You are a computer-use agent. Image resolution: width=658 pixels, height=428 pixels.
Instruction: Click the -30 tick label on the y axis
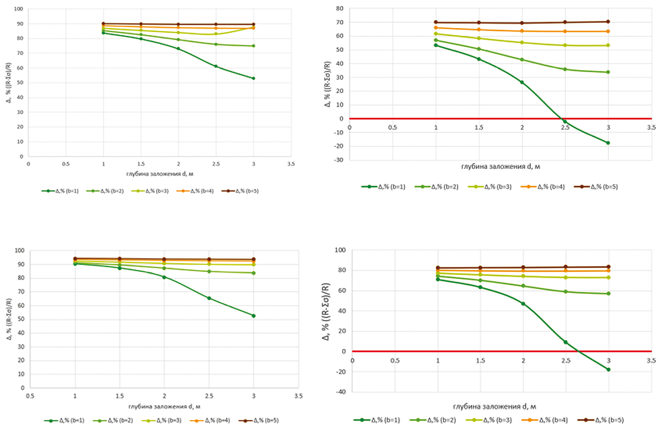click(339, 160)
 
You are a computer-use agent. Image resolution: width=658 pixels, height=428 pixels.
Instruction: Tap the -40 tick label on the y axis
click(340, 392)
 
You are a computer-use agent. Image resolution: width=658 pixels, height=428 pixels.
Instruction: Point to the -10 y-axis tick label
click(339, 133)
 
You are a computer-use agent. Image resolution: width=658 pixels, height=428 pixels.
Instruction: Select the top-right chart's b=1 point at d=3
click(608, 143)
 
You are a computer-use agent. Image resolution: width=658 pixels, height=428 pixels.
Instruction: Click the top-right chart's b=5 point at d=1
click(436, 22)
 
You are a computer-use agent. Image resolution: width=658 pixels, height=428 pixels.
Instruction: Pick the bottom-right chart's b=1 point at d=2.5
click(566, 342)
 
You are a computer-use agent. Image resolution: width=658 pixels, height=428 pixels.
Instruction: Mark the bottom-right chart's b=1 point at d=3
click(609, 370)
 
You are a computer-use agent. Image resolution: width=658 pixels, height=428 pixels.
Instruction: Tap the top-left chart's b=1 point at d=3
click(253, 78)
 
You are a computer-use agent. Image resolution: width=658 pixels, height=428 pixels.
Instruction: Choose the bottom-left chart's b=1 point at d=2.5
click(209, 298)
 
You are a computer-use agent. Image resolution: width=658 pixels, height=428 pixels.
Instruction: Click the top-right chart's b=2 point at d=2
click(522, 60)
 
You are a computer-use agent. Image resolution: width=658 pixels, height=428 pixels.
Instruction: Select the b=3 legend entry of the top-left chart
click(150, 191)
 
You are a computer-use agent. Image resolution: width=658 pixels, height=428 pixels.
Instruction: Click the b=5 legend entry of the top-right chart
click(596, 187)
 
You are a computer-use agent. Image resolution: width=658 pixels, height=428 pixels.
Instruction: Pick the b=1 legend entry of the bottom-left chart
click(65, 420)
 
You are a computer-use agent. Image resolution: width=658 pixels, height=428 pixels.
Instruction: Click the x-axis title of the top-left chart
click(160, 174)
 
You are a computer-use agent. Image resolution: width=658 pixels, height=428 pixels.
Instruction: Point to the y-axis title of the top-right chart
click(327, 84)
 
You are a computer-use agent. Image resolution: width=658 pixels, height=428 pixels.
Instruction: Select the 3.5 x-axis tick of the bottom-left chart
click(298, 396)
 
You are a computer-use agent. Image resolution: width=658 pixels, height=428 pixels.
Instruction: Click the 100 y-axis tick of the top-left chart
click(19, 9)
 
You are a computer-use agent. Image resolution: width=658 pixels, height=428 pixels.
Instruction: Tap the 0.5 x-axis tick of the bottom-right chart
click(395, 361)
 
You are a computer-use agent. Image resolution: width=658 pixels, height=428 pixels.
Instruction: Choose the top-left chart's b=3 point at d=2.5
click(216, 34)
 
